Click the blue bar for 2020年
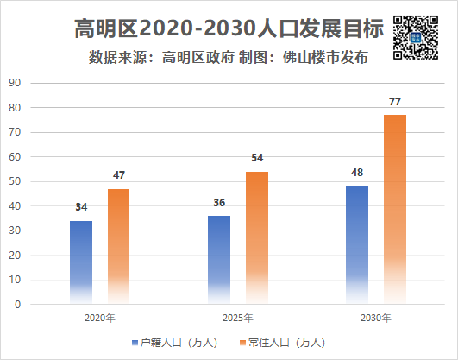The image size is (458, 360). click(81, 262)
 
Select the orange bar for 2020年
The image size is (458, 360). click(119, 246)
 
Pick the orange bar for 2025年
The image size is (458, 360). click(257, 237)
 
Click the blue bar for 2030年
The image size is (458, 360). click(357, 245)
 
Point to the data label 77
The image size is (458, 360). click(395, 103)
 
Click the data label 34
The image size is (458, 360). click(81, 208)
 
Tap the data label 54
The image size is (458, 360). click(257, 159)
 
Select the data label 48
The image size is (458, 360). click(357, 173)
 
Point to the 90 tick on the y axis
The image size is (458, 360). click(14, 84)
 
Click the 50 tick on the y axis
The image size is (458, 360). click(14, 182)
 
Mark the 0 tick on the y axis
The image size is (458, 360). click(16, 305)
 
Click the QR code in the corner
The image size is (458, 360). click(412, 38)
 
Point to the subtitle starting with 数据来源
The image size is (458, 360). click(229, 59)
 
